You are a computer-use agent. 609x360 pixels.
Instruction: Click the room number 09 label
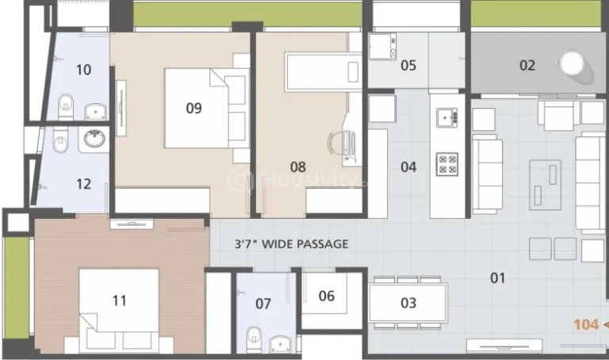click(193, 109)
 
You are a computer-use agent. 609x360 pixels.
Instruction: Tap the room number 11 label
click(119, 301)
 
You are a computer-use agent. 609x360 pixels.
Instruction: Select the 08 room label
click(297, 167)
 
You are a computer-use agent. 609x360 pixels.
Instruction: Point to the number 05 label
click(408, 66)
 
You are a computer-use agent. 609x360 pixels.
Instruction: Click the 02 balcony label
click(527, 66)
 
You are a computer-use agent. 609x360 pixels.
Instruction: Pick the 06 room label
click(326, 296)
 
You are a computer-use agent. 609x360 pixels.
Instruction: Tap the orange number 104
click(586, 324)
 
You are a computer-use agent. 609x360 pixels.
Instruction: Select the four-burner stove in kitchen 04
click(447, 164)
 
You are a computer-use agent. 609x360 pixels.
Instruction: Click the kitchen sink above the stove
click(447, 118)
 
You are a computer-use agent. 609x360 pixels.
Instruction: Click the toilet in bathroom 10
click(67, 103)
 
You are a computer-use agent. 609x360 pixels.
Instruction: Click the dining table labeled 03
click(408, 302)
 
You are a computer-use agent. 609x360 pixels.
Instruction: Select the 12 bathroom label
click(83, 184)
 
